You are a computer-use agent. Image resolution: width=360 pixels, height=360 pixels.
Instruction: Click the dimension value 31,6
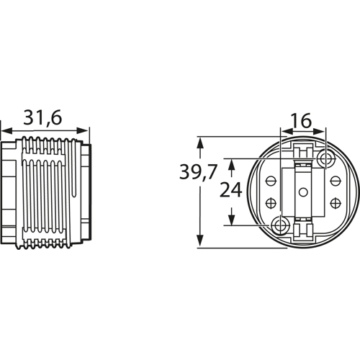coord(44,117)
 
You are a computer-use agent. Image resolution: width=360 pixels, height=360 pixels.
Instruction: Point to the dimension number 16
coord(302,120)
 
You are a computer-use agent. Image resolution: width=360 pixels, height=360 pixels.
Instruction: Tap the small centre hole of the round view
coord(302,192)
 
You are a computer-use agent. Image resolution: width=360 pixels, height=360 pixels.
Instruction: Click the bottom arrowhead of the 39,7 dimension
coord(199,244)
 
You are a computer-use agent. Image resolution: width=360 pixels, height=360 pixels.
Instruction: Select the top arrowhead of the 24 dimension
coord(231,163)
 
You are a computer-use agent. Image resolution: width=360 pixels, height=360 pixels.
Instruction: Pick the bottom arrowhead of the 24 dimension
coord(231,220)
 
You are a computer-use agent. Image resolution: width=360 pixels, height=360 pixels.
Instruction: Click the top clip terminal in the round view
coord(303,152)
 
